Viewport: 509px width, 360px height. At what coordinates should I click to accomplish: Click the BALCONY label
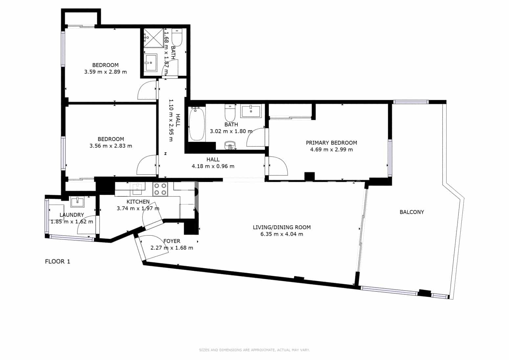(x=411, y=212)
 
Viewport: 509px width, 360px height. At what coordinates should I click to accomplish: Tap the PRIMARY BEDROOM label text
(x=331, y=143)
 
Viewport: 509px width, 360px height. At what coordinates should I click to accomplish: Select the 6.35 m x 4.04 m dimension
(x=281, y=234)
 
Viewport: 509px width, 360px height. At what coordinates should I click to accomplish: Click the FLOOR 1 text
(x=57, y=262)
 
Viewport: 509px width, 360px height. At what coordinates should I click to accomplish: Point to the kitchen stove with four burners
(x=160, y=189)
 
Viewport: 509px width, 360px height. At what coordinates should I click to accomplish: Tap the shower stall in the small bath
(x=153, y=38)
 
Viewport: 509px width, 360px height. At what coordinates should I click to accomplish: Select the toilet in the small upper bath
(x=177, y=37)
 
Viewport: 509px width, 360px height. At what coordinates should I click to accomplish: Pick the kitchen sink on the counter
(x=137, y=187)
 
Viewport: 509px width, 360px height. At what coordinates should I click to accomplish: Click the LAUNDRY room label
(x=72, y=215)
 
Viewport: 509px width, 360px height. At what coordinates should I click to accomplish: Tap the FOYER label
(x=172, y=241)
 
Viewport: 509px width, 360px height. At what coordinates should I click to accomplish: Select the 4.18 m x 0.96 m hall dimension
(x=213, y=166)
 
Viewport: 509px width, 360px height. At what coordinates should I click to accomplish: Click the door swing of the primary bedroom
(x=278, y=166)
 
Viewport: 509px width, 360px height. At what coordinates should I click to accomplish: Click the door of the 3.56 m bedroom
(x=147, y=165)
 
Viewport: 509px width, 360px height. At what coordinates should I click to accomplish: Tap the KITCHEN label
(x=138, y=202)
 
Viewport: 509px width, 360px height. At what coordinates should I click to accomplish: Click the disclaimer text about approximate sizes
(x=254, y=350)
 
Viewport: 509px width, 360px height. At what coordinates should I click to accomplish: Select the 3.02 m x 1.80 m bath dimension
(x=231, y=131)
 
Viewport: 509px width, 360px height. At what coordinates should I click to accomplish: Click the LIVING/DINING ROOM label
(x=281, y=227)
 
